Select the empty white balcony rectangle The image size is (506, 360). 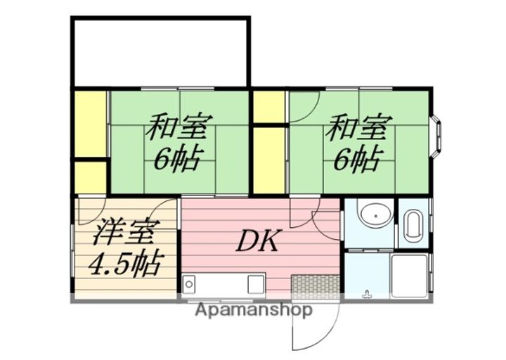pos(160,51)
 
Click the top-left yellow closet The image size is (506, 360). pos(91,124)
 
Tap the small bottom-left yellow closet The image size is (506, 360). pos(91,177)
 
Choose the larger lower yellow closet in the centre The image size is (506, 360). pos(269,160)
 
